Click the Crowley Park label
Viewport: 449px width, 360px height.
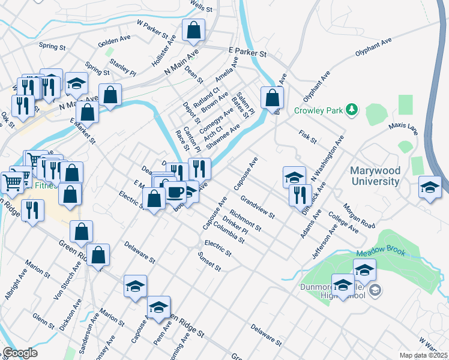[x=318, y=110]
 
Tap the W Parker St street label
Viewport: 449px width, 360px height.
[x=151, y=28]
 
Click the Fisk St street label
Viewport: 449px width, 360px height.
[x=307, y=136]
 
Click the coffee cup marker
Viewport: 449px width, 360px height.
[x=176, y=193]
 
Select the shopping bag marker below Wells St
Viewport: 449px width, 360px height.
[x=194, y=31]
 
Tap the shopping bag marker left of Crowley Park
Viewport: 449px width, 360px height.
[x=272, y=98]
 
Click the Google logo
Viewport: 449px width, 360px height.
[x=20, y=353]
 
